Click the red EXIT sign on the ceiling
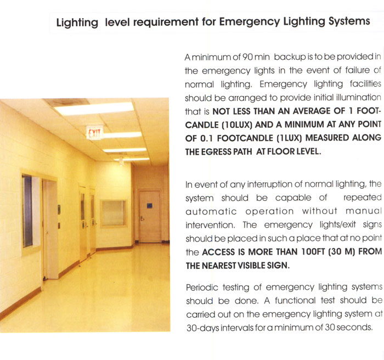point(95,132)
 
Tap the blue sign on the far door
point(149,205)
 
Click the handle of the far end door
point(142,218)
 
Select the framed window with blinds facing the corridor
point(113,213)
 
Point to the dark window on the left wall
point(28,211)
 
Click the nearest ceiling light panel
point(94,109)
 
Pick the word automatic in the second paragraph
point(212,211)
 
